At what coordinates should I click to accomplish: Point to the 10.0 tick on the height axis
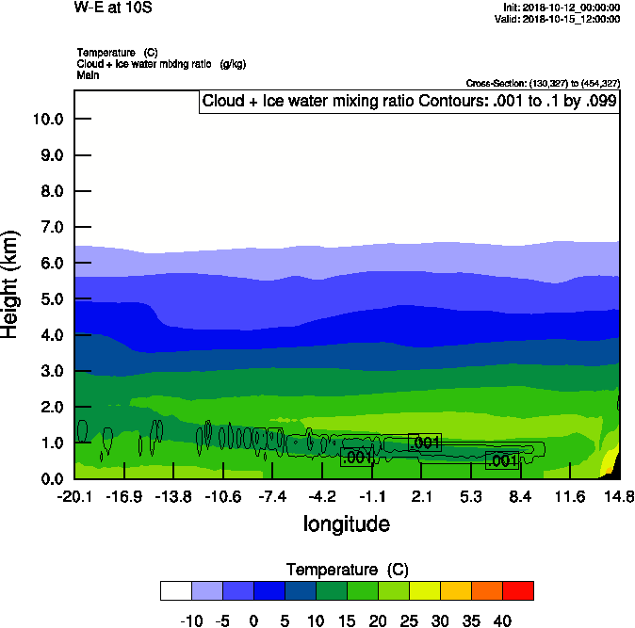(46, 120)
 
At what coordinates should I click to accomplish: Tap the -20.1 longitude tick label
(73, 496)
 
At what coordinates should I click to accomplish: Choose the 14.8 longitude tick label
(619, 496)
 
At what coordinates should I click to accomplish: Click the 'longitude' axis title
(346, 523)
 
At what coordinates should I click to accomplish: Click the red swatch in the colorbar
(518, 590)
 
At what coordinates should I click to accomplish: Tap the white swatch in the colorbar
(176, 590)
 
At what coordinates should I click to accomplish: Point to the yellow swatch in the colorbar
(425, 590)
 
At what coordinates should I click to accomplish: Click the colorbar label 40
(501, 620)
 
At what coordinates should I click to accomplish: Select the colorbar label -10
(191, 620)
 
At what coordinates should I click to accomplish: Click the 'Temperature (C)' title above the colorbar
(347, 570)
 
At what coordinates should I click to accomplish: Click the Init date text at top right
(562, 8)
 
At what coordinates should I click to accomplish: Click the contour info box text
(409, 102)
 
